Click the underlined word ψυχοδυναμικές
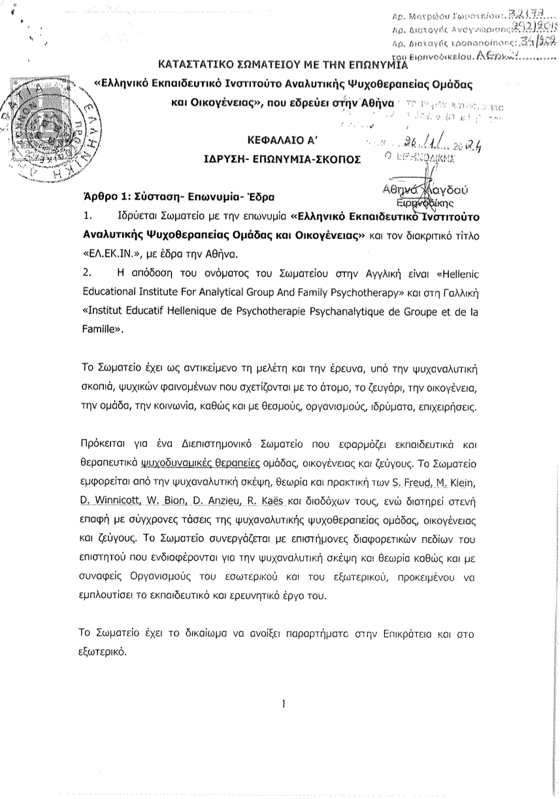pos(169,463)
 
